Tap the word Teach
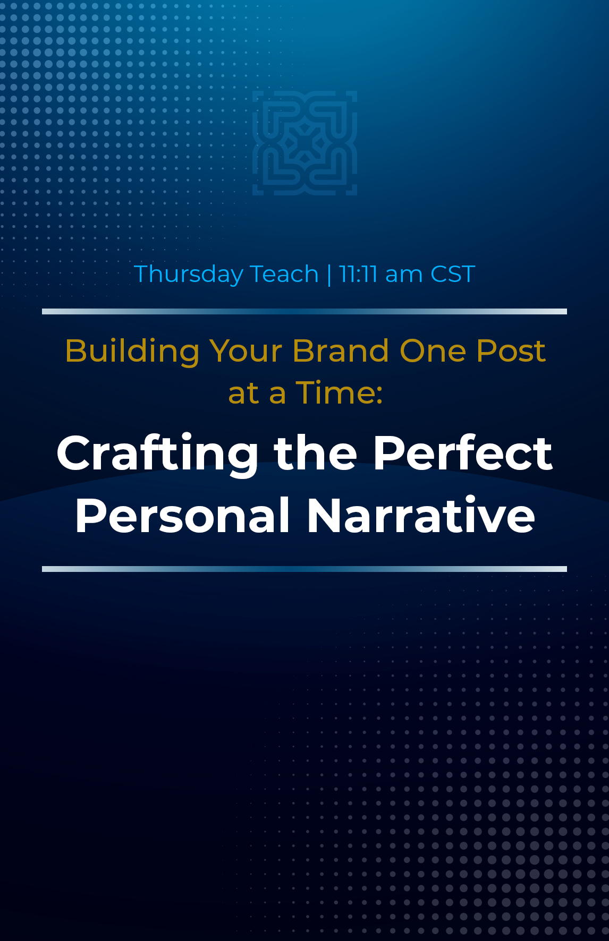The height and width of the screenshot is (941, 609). (x=284, y=274)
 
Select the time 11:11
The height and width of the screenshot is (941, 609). (x=358, y=274)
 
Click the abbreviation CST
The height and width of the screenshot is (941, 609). (x=452, y=274)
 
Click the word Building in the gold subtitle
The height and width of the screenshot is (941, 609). (x=132, y=352)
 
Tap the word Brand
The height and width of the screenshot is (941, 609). (x=341, y=351)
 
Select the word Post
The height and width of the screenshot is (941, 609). (x=511, y=351)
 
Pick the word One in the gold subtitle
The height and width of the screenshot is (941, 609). (x=433, y=351)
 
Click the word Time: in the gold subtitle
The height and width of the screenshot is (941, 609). (x=339, y=393)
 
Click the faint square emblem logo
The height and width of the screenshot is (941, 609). (x=304, y=143)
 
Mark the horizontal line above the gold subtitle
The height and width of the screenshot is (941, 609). (x=304, y=311)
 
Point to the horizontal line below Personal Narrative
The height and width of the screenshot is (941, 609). (x=304, y=569)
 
